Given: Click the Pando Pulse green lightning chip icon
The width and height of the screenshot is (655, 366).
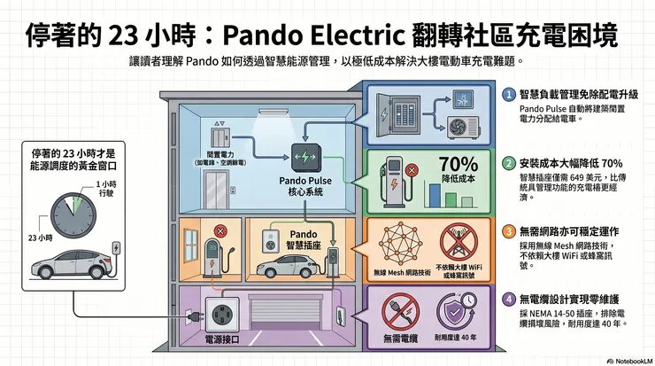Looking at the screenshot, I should (304, 159).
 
